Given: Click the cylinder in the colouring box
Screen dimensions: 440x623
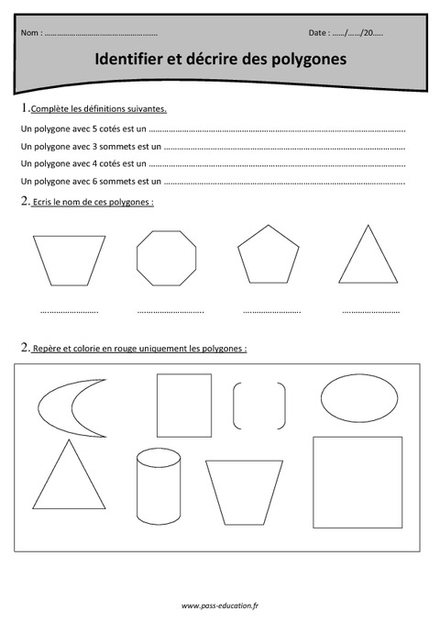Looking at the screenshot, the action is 153,483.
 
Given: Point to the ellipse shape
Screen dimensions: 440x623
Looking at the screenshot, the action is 359,398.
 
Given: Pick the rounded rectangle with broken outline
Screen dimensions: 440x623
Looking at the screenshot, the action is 258,405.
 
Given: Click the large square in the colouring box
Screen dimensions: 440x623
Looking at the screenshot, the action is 357,482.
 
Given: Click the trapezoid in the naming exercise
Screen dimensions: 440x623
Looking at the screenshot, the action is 69,260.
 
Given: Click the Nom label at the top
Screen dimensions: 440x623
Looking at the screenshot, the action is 29,33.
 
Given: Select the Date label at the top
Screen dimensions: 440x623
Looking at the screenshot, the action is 318,33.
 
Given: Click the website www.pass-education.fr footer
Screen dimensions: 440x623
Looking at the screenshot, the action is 219,606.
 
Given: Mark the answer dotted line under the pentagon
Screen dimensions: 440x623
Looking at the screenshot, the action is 271,311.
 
